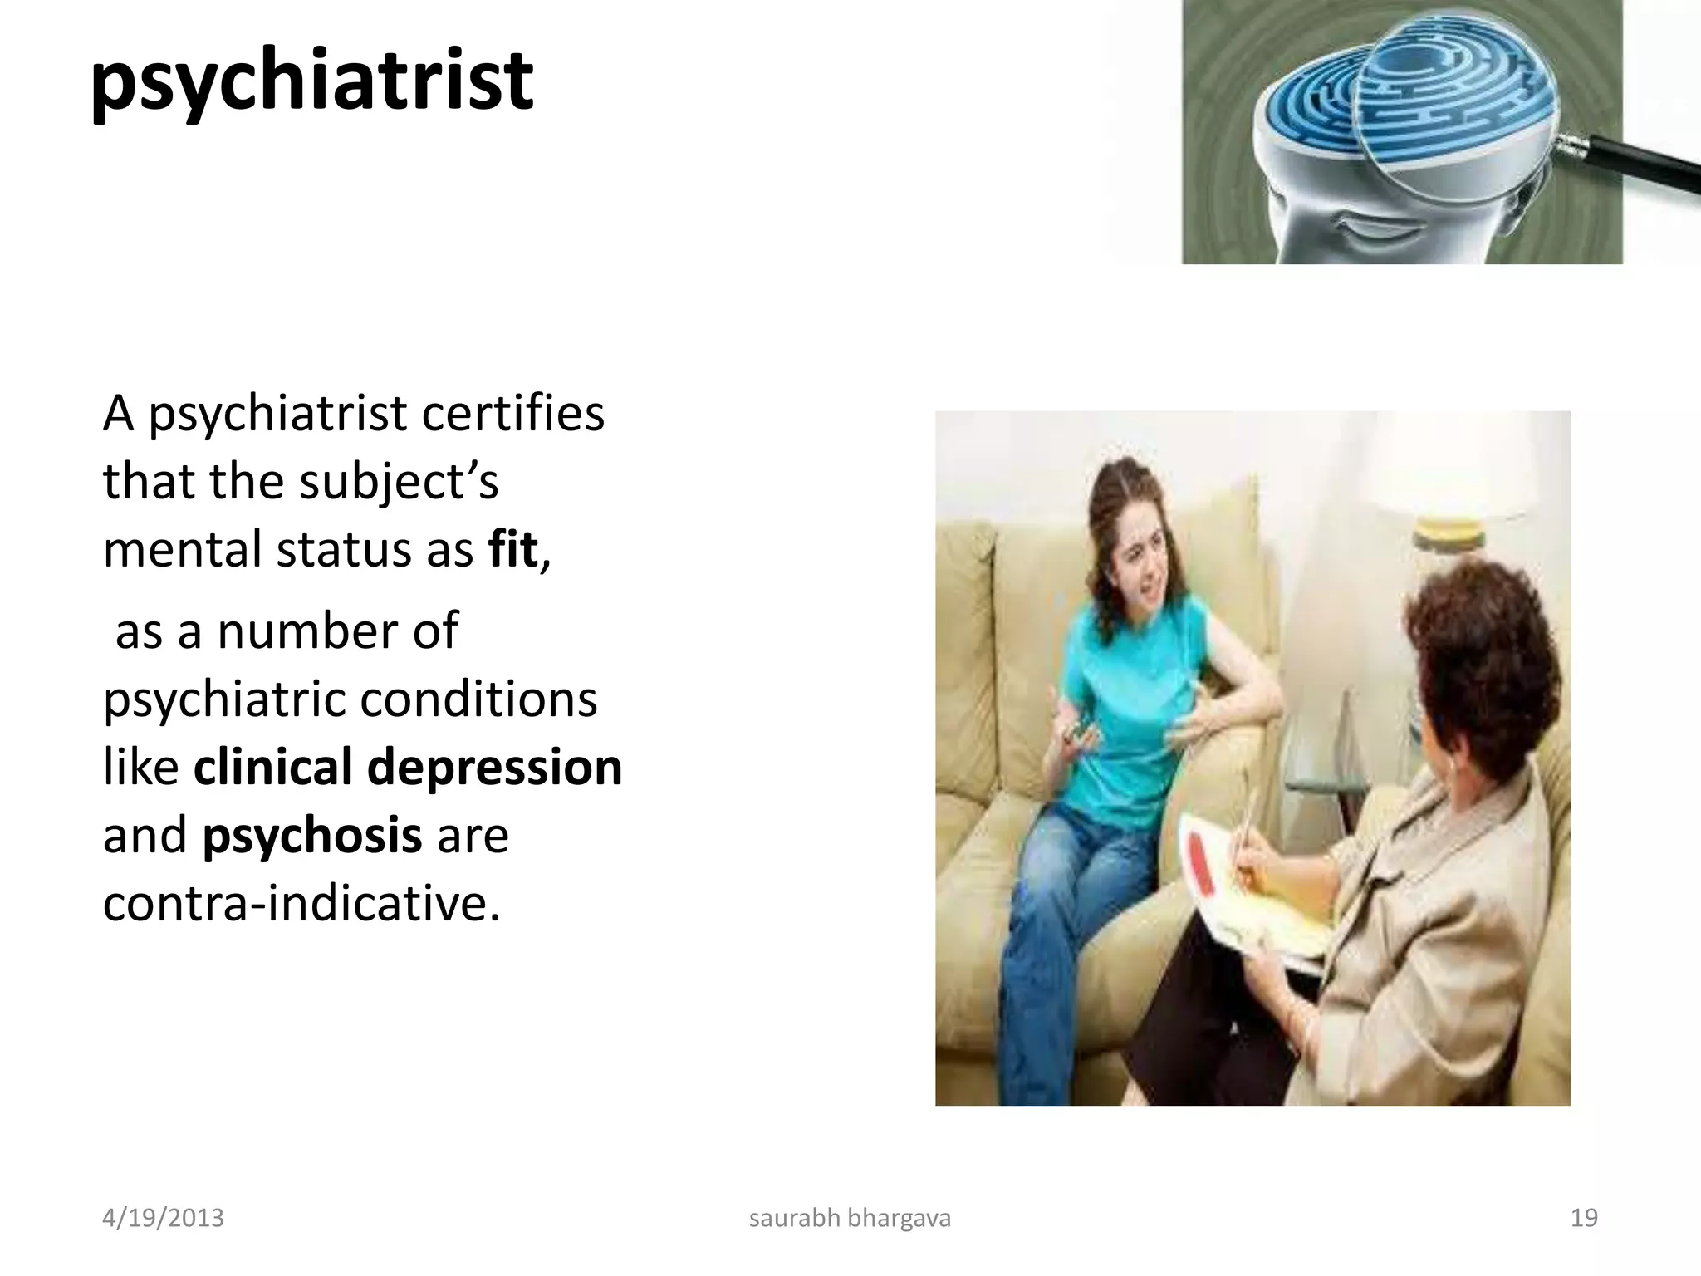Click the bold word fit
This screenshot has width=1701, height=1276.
tap(513, 549)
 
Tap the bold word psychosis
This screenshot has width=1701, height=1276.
tap(311, 836)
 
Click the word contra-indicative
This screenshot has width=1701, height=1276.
tap(301, 903)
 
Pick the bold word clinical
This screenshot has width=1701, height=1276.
tap(272, 767)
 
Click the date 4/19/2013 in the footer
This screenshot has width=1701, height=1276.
tap(163, 1219)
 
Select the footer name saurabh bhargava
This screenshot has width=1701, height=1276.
tap(850, 1219)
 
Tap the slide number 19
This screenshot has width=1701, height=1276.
tap(1584, 1219)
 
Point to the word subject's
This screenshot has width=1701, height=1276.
tap(398, 482)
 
